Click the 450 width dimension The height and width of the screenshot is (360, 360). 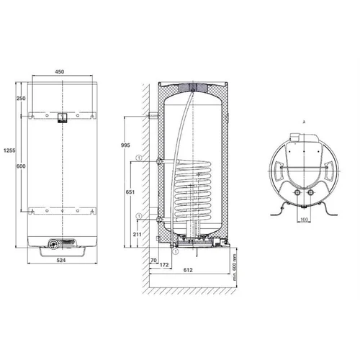click(x=60, y=71)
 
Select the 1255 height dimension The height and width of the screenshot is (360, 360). click(x=9, y=150)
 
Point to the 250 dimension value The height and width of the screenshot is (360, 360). click(x=21, y=98)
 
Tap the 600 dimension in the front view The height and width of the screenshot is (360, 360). click(x=21, y=166)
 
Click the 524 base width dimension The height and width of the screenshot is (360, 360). click(x=61, y=260)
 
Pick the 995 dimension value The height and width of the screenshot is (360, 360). click(x=125, y=145)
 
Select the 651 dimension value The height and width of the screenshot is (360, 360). click(x=130, y=192)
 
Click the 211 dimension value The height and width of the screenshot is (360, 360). click(x=137, y=234)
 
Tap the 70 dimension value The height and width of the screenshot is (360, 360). click(x=153, y=260)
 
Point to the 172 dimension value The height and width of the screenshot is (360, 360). click(x=164, y=265)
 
